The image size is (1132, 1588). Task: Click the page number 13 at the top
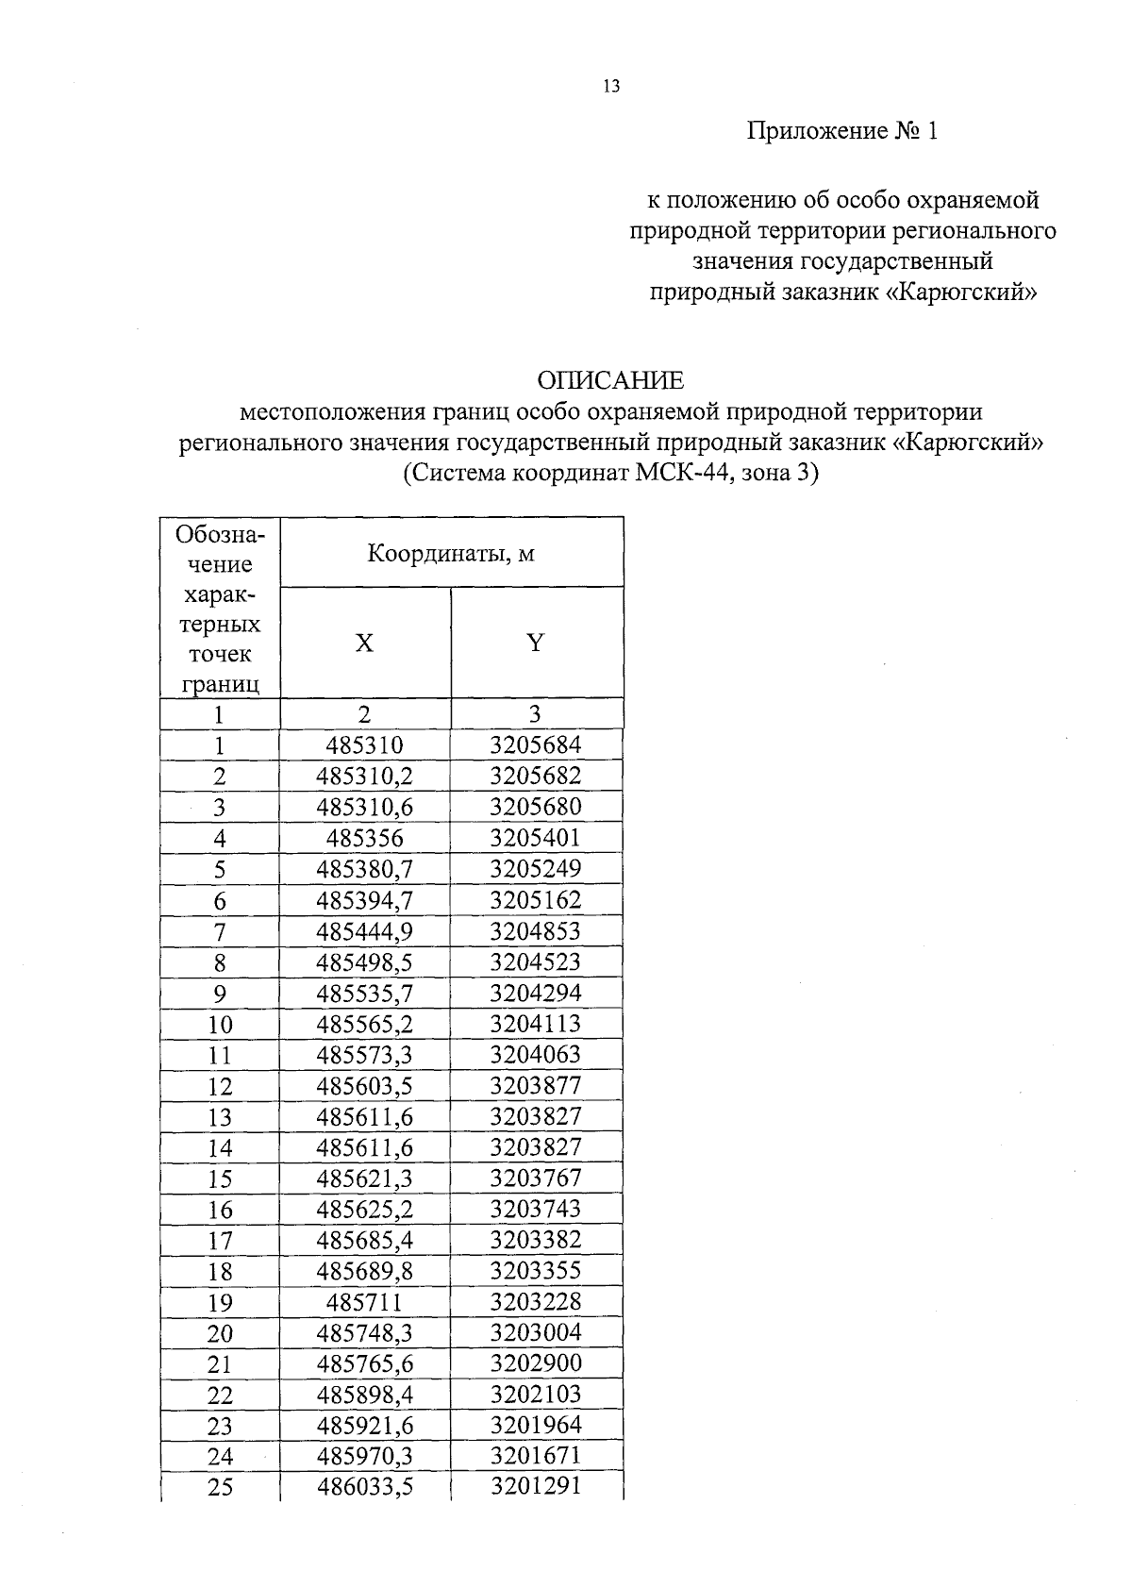click(x=610, y=87)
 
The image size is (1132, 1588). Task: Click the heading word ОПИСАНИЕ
click(x=610, y=381)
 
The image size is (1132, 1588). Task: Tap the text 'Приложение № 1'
click(x=842, y=131)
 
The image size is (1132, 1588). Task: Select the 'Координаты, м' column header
click(x=451, y=553)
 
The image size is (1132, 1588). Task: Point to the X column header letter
click(x=364, y=644)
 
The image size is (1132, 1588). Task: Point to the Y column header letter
click(x=536, y=644)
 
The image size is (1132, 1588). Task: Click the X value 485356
click(x=364, y=838)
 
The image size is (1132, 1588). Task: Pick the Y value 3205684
click(x=536, y=745)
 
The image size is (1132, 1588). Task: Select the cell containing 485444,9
click(x=364, y=931)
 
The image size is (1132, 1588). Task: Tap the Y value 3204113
click(x=536, y=1024)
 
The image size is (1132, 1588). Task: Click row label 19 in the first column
click(x=220, y=1303)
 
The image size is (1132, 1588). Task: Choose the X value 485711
click(x=364, y=1303)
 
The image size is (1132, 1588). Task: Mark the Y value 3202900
click(x=536, y=1363)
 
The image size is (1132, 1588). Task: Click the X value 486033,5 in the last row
click(x=364, y=1487)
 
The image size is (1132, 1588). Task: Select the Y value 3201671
click(x=536, y=1456)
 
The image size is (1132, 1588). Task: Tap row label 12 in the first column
click(x=220, y=1087)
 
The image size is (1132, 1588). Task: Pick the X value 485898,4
click(x=364, y=1395)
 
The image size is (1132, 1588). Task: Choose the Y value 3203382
click(x=536, y=1240)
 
